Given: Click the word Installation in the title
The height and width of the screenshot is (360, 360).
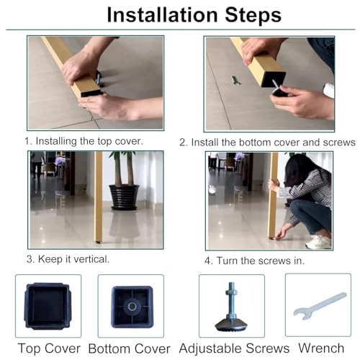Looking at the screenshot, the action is point(162,15).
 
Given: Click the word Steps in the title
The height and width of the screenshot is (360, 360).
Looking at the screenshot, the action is point(253,16).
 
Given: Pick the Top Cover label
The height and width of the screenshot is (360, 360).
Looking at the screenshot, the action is point(49,348).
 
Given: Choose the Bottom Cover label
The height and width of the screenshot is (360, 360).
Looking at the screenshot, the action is point(130,348).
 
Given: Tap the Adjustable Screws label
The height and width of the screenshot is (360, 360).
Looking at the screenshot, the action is point(234,348).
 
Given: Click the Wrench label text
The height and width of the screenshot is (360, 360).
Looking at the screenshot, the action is point(321,348).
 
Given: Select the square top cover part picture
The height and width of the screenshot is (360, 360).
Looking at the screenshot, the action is point(48,306).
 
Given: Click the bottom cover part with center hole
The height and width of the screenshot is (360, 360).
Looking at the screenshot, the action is point(132,307).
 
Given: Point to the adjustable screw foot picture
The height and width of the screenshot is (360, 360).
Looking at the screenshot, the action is point(231,307).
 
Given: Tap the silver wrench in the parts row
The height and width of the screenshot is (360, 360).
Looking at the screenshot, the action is point(319,306).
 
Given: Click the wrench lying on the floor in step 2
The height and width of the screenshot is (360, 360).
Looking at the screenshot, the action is point(235,80).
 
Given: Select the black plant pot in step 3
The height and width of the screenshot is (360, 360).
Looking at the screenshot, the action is point(124,197).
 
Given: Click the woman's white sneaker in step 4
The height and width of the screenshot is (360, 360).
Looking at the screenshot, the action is point(318,242).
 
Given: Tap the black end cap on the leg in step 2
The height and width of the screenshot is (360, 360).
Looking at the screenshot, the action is point(274,79).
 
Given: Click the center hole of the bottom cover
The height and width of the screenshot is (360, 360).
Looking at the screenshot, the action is point(132,307).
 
